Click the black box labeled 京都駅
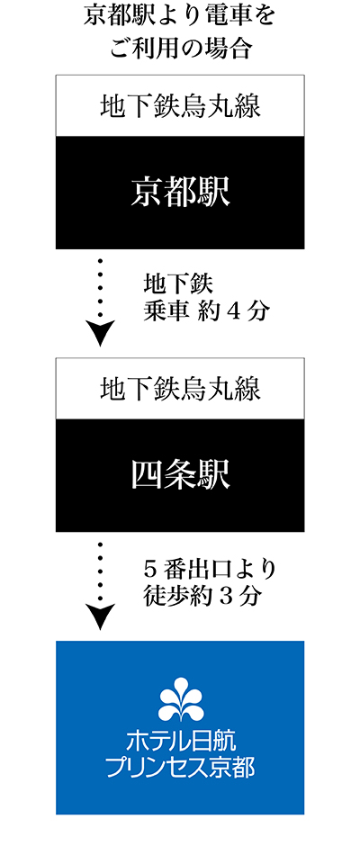(x=180, y=193)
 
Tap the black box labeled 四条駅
(x=180, y=475)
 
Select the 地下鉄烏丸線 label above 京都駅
(x=180, y=106)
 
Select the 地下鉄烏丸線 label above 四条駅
(x=180, y=390)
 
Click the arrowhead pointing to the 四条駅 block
(x=101, y=332)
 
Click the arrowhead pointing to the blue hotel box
(x=101, y=616)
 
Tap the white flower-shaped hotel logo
(x=181, y=698)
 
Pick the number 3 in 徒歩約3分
(x=223, y=597)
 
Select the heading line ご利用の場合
(x=180, y=49)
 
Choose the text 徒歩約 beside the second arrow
(x=178, y=597)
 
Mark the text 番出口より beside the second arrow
(x=220, y=571)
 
